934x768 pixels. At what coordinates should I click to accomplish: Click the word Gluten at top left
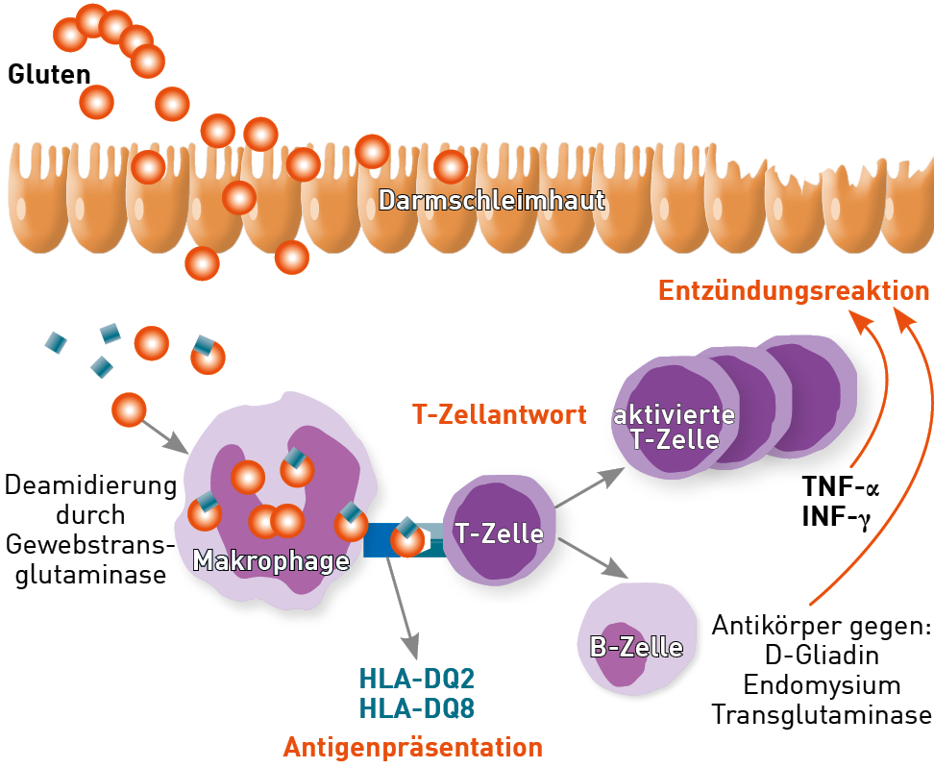[49, 74]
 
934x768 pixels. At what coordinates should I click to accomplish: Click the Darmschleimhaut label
[492, 201]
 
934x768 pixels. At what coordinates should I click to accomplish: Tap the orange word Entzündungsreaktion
[794, 290]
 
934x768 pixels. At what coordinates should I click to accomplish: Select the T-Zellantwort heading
[500, 415]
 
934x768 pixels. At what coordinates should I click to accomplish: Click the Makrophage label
[271, 560]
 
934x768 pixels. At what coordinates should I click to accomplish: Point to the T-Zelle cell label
[500, 533]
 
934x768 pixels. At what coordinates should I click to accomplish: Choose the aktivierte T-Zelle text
[675, 428]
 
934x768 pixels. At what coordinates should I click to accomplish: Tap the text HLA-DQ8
[417, 708]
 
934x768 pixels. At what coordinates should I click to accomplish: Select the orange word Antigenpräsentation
[412, 747]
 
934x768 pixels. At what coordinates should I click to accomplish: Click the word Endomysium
[822, 685]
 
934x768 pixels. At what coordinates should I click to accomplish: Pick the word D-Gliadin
[822, 656]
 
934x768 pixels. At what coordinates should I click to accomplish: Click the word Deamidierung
[90, 483]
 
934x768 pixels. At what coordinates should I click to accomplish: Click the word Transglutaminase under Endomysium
[822, 715]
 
